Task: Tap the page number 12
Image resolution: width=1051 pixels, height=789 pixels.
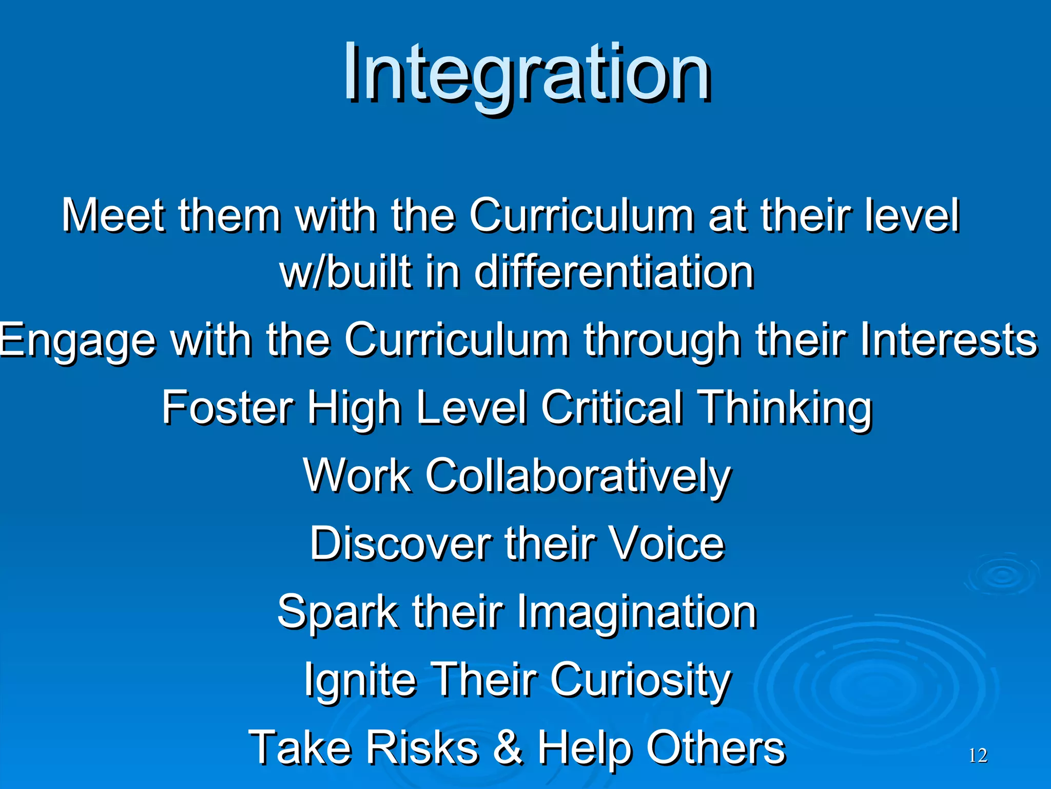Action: coord(978,756)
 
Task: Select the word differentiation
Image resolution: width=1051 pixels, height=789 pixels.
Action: coord(614,272)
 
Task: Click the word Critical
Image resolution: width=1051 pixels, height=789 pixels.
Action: coord(612,407)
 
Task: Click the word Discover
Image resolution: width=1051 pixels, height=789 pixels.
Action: coord(400,544)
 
